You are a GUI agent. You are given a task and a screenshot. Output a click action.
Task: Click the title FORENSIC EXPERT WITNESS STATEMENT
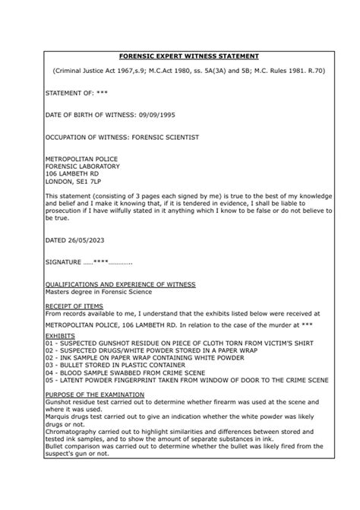click(179, 56)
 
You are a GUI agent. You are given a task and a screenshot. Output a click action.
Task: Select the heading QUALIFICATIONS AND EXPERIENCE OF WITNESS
click(120, 284)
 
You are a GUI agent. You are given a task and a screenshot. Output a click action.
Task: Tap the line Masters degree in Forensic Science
click(99, 291)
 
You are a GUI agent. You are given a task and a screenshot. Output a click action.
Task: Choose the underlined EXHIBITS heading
click(61, 333)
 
